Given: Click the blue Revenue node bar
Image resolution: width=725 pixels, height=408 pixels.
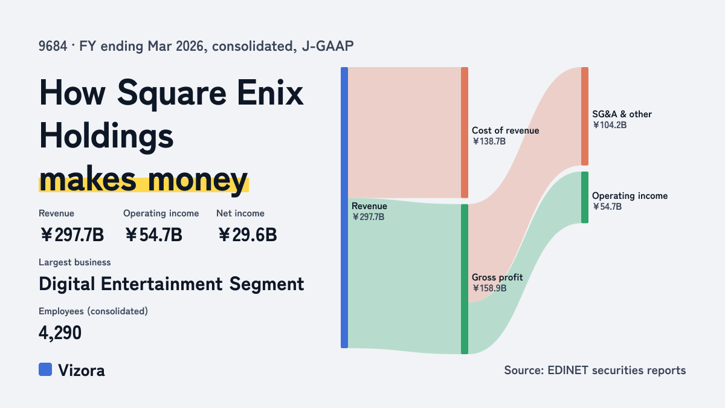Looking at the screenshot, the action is [344, 207].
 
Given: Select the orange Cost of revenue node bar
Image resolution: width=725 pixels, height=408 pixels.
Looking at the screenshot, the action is [465, 132].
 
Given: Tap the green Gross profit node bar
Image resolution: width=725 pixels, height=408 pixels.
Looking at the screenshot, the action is [465, 279].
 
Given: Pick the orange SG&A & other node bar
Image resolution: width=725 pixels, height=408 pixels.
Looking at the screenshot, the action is [585, 116].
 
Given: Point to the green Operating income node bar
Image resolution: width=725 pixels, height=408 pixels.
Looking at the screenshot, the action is [585, 197].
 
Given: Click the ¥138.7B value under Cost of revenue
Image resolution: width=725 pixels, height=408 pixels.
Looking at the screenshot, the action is [489, 141].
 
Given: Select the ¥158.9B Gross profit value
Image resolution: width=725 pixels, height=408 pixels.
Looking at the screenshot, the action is [489, 288].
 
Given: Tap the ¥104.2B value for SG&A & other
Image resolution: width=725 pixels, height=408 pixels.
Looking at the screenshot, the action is [610, 125].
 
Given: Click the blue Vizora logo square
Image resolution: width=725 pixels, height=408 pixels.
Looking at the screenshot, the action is [45, 369].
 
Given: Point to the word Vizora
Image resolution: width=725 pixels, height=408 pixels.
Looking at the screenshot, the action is [81, 371].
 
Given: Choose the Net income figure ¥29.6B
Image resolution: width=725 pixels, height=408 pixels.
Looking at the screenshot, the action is [247, 235].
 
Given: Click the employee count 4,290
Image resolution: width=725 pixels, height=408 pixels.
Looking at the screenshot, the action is [60, 333].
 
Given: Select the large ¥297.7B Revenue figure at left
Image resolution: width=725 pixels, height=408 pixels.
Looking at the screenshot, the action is [71, 235].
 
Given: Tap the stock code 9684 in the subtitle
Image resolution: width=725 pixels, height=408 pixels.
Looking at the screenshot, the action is [53, 46].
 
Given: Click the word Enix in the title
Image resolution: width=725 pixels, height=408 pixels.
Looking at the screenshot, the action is [270, 93].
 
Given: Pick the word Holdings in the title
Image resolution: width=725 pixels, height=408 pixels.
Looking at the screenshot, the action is [106, 137].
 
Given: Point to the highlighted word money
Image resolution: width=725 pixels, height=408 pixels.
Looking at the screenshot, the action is [198, 181].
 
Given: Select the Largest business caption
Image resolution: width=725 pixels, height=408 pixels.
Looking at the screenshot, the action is [74, 262].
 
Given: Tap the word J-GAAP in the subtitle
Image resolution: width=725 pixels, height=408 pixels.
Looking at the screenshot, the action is [327, 46].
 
